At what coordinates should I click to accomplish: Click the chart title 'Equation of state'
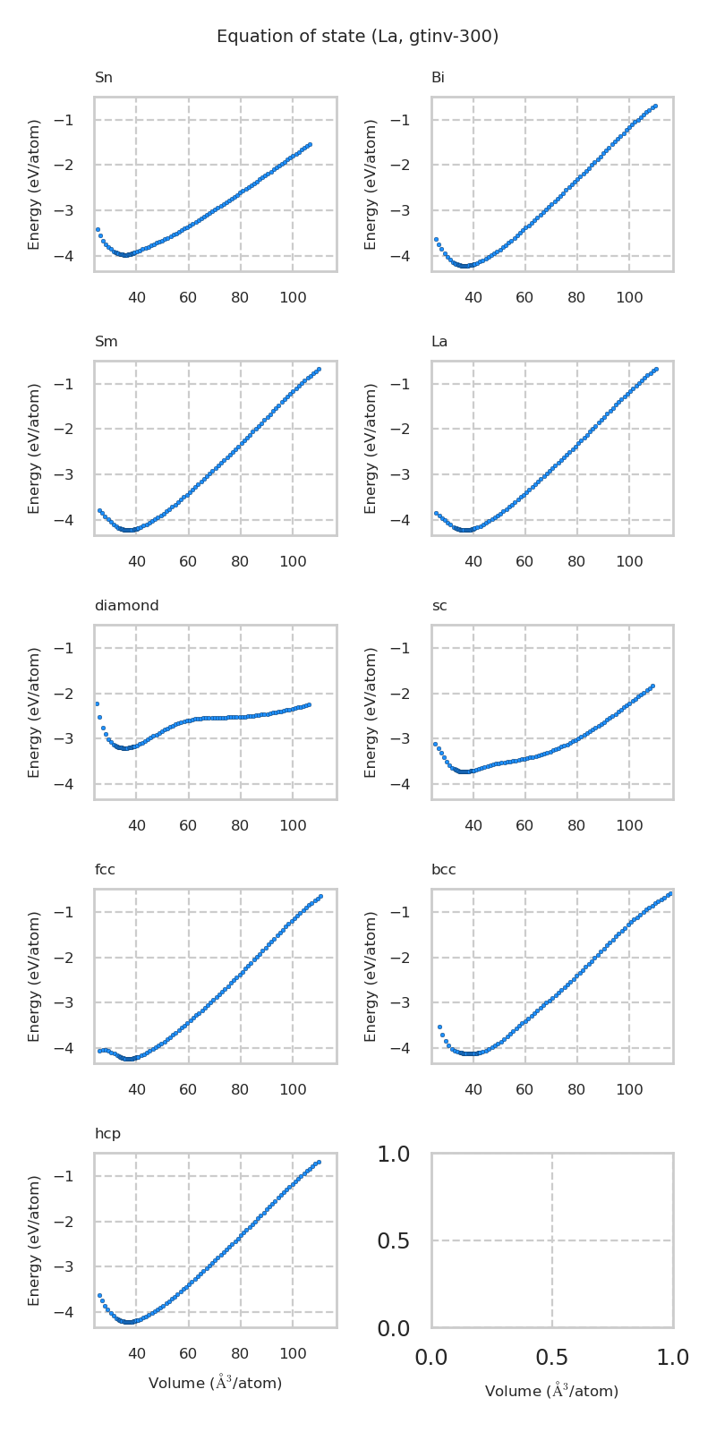357,37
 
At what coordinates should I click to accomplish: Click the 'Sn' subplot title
104,78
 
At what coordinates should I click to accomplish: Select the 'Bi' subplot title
438,78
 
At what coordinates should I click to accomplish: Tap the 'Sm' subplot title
106,342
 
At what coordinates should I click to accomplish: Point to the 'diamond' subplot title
126,606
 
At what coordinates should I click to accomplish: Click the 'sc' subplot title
439,606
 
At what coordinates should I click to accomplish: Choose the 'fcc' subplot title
105,870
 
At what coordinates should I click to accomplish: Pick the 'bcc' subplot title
444,870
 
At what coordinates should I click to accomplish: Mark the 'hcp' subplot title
107,1134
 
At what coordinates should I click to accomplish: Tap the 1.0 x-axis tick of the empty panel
672,1358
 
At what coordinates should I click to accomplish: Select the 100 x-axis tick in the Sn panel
293,297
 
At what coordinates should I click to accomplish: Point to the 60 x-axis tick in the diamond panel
188,825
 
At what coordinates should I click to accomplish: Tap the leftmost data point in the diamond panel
97,703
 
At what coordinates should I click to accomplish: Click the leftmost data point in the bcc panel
439,1027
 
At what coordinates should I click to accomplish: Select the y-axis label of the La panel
371,447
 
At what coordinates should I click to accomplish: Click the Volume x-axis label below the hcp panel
215,1384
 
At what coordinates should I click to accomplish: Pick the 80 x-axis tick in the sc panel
576,825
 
